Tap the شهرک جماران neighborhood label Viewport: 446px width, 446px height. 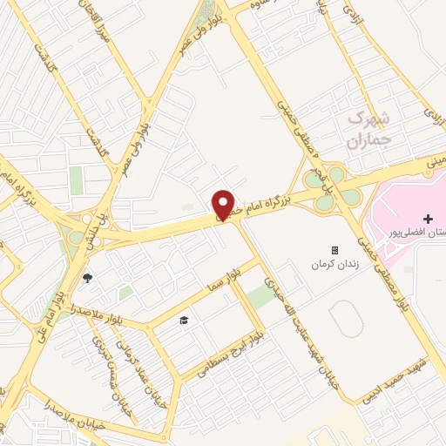pos(369,126)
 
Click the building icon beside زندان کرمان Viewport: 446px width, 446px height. pos(334,250)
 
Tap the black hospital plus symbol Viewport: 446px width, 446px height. pos(426,218)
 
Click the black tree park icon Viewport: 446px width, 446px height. pos(87,279)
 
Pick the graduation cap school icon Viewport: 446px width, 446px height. pos(185,321)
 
